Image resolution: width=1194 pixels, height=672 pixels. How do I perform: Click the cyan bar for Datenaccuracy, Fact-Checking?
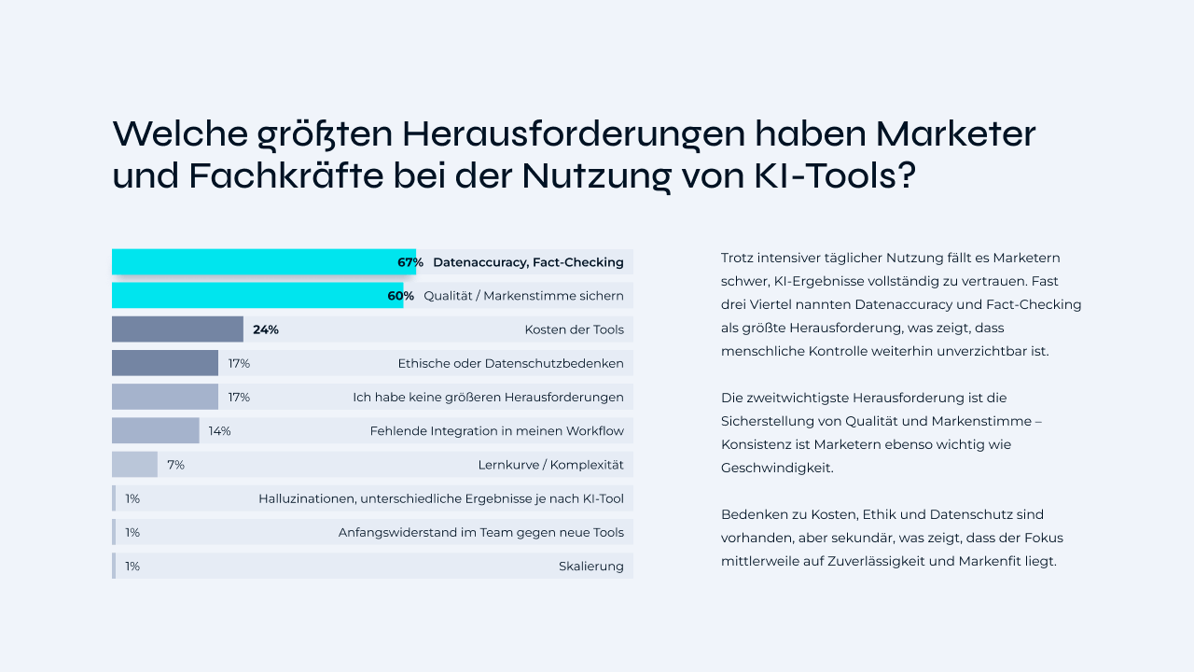click(x=252, y=262)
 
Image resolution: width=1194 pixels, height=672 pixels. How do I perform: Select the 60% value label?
click(x=400, y=296)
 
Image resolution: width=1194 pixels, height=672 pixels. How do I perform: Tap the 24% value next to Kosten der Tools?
click(x=265, y=329)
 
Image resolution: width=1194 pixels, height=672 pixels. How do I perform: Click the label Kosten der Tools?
click(x=574, y=329)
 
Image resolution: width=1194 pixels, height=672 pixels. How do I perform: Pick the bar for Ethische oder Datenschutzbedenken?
click(x=164, y=363)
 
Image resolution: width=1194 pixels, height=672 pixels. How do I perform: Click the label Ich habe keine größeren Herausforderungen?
click(x=488, y=397)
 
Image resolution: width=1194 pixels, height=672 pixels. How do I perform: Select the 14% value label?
click(x=219, y=431)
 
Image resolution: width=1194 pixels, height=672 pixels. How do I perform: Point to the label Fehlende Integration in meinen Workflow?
click(x=496, y=431)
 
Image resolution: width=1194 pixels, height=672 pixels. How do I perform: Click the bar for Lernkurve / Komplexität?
click(x=134, y=465)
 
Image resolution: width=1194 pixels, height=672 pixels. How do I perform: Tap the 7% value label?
click(x=175, y=465)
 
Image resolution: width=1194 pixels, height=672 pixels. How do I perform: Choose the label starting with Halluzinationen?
click(x=440, y=498)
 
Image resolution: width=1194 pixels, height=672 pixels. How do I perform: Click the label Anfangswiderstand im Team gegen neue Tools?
click(x=480, y=532)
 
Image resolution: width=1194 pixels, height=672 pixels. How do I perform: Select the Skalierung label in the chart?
click(x=590, y=566)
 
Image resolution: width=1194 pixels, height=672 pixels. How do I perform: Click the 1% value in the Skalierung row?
click(x=132, y=566)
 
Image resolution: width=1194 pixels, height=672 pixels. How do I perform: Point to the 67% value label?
click(x=410, y=262)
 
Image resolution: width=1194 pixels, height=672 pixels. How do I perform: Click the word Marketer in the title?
click(x=955, y=133)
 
